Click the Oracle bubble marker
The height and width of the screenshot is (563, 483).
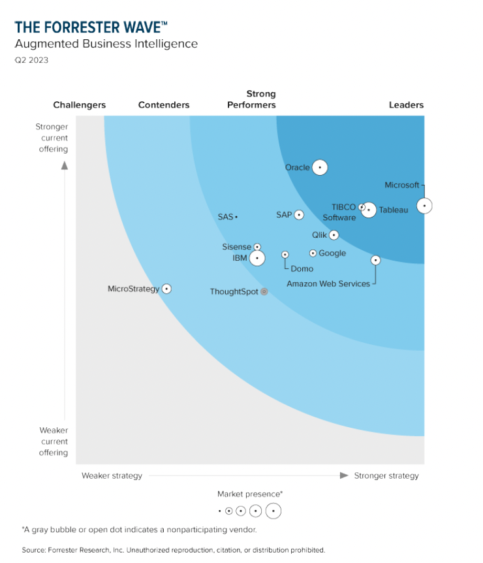coord(319,167)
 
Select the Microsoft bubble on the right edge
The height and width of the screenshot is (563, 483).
coord(424,206)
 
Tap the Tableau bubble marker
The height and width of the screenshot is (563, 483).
coord(369,210)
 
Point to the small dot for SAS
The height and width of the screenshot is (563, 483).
coord(236,217)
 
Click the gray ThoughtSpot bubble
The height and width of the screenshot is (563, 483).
coord(264,291)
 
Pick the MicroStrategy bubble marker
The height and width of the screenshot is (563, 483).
coord(166,289)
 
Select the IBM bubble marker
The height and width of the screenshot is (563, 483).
coord(257,259)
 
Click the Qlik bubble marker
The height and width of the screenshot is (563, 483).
coord(334,235)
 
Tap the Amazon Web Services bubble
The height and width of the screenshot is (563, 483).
coord(375,260)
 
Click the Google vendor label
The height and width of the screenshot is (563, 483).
coord(332,253)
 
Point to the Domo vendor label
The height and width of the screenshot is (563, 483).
coord(302,268)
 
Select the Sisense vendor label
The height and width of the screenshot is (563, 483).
coord(236,247)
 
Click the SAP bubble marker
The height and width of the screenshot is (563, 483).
coord(299,215)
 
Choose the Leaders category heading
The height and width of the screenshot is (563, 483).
coord(406,105)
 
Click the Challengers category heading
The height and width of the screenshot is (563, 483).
coord(79,105)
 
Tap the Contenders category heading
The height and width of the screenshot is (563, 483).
coord(164,105)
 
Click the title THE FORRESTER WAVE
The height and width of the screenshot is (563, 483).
coord(91,27)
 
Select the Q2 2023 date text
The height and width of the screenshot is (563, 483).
coord(31,60)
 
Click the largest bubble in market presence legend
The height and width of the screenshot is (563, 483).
coord(273,511)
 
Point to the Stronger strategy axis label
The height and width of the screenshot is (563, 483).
coord(386,475)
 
